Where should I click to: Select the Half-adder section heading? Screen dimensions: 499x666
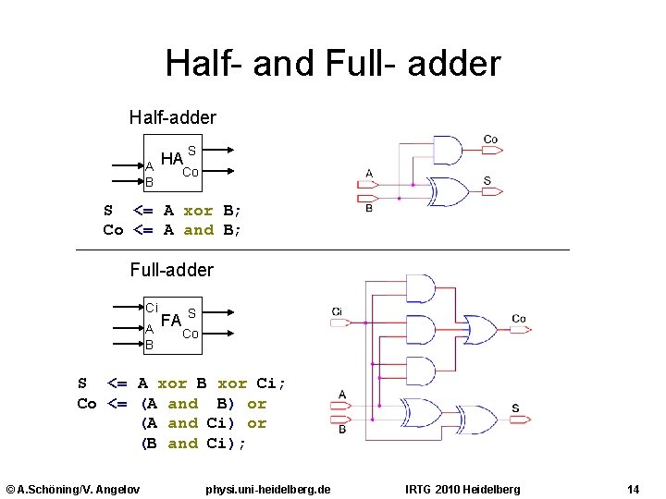pos(172,117)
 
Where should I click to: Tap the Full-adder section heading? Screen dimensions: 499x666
pos(171,270)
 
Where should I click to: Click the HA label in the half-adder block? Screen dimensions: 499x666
pos(171,159)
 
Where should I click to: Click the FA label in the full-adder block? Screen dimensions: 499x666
pos(171,321)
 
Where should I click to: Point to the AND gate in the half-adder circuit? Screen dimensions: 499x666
pos(448,150)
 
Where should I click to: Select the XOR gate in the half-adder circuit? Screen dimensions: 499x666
pos(450,191)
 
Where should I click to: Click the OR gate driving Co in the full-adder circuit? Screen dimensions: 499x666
pos(479,329)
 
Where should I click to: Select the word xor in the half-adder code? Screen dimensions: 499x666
pos(198,210)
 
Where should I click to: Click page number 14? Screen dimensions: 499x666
pos(633,488)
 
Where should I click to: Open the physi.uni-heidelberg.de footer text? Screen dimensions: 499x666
pos(268,488)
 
